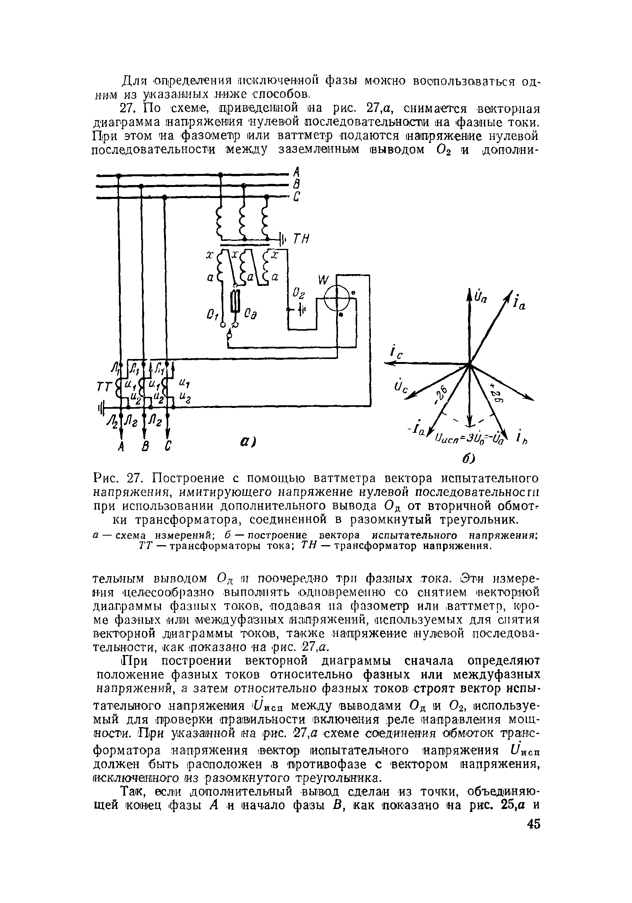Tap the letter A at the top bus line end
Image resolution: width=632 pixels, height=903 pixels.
coord(297,172)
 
